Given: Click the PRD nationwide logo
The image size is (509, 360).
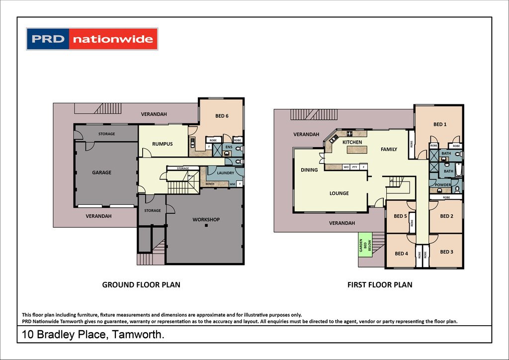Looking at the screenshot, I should (92, 39).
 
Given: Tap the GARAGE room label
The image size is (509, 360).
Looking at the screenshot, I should (101, 173).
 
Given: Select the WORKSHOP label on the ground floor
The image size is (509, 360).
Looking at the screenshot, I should (206, 219).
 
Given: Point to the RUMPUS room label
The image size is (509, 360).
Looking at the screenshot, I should (162, 144).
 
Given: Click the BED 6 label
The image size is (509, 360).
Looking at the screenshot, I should (222, 116).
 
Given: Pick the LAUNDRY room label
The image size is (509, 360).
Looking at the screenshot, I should (226, 173).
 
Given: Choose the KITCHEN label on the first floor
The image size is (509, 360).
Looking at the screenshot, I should (352, 142).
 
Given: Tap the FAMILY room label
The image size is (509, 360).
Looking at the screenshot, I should (389, 149).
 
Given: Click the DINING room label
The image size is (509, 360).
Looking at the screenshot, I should (309, 170).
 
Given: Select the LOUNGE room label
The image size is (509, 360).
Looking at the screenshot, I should (339, 193).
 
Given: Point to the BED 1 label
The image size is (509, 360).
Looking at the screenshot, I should (439, 124).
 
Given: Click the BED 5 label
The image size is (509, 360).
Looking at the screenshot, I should (400, 216).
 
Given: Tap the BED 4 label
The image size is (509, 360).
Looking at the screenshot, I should (401, 254).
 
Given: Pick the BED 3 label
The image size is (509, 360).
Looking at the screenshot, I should (446, 252).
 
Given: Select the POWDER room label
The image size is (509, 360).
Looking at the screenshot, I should (443, 185).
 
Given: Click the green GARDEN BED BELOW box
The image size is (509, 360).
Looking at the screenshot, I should (365, 245).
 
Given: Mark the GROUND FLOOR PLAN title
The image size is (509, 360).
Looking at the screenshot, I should (141, 285).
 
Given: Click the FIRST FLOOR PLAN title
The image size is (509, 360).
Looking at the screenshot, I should (379, 285).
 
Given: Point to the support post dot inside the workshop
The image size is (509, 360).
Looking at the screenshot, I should (206, 226).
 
